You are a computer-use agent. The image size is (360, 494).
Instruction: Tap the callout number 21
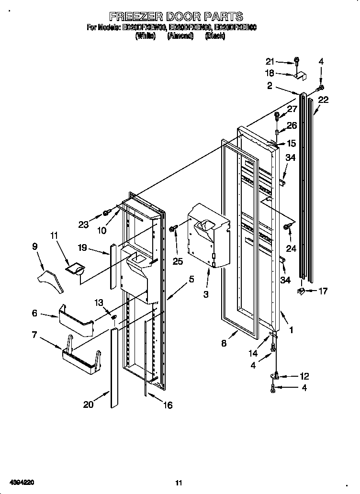click(x=271, y=61)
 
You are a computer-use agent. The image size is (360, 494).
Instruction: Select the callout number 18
click(x=270, y=73)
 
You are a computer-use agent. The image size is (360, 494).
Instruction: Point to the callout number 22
click(x=324, y=100)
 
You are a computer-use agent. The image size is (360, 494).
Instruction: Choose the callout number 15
click(x=291, y=143)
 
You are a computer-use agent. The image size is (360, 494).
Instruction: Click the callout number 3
click(x=206, y=294)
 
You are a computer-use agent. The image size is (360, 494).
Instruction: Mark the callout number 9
click(x=35, y=246)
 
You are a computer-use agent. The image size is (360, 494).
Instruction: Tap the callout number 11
click(x=54, y=235)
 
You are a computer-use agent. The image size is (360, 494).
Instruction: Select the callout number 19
click(x=82, y=248)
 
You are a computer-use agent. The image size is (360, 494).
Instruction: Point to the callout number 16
click(x=167, y=405)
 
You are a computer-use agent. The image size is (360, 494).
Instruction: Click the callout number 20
click(x=88, y=404)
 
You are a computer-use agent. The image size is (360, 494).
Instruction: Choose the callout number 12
click(x=304, y=376)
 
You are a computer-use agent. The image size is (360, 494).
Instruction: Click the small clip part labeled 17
click(x=301, y=291)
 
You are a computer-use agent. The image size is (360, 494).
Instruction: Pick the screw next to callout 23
click(x=107, y=212)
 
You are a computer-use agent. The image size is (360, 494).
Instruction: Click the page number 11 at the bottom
click(x=179, y=483)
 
